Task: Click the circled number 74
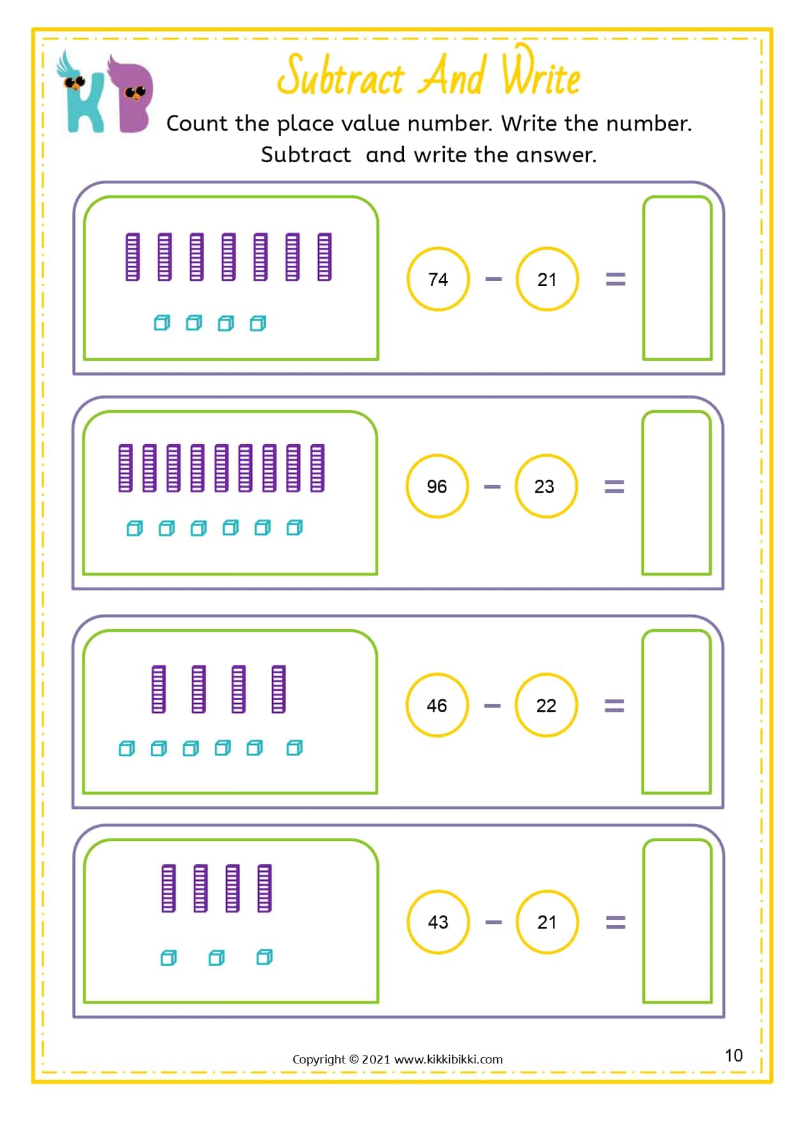438,279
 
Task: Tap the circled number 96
437,486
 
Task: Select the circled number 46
437,705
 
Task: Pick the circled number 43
438,922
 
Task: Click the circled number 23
544,486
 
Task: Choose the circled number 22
546,705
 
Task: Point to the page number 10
734,1055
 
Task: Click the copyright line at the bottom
397,1059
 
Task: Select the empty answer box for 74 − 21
677,278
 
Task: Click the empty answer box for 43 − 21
677,921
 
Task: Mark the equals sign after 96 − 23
614,487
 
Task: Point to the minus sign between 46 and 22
492,706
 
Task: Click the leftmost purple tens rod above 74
132,257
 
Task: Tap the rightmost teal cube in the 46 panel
295,748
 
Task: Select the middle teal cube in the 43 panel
217,957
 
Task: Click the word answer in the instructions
555,155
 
